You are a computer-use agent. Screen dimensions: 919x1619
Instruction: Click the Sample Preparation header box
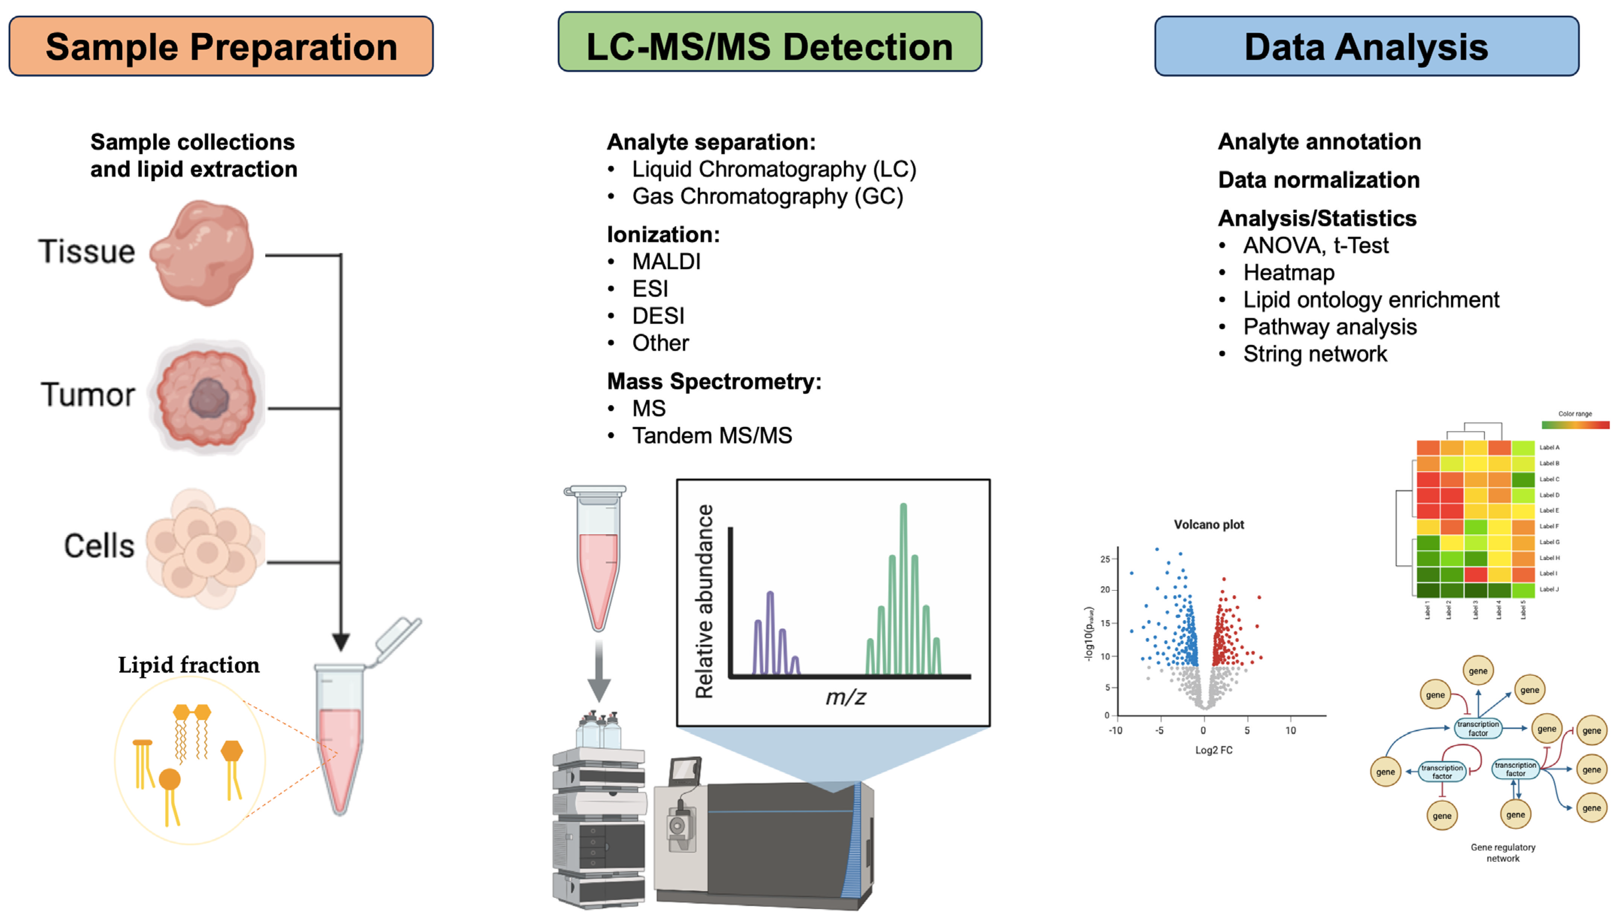pos(221,47)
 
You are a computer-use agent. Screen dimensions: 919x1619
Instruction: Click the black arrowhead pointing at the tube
pos(341,642)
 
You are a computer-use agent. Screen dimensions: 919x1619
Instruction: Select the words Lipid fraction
pos(189,665)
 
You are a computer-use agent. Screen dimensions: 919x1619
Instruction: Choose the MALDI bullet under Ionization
pos(666,261)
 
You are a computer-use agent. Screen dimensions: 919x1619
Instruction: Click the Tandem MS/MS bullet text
pos(711,435)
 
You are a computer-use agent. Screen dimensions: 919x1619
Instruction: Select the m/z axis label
pos(845,697)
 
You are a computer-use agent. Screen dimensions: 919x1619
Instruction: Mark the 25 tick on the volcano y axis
pos(1105,559)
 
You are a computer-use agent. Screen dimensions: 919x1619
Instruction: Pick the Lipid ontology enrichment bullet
pos(1370,300)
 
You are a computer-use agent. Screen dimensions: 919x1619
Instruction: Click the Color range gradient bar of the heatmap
pos(1575,425)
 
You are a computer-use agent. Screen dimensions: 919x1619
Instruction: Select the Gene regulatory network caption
pos(1502,853)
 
